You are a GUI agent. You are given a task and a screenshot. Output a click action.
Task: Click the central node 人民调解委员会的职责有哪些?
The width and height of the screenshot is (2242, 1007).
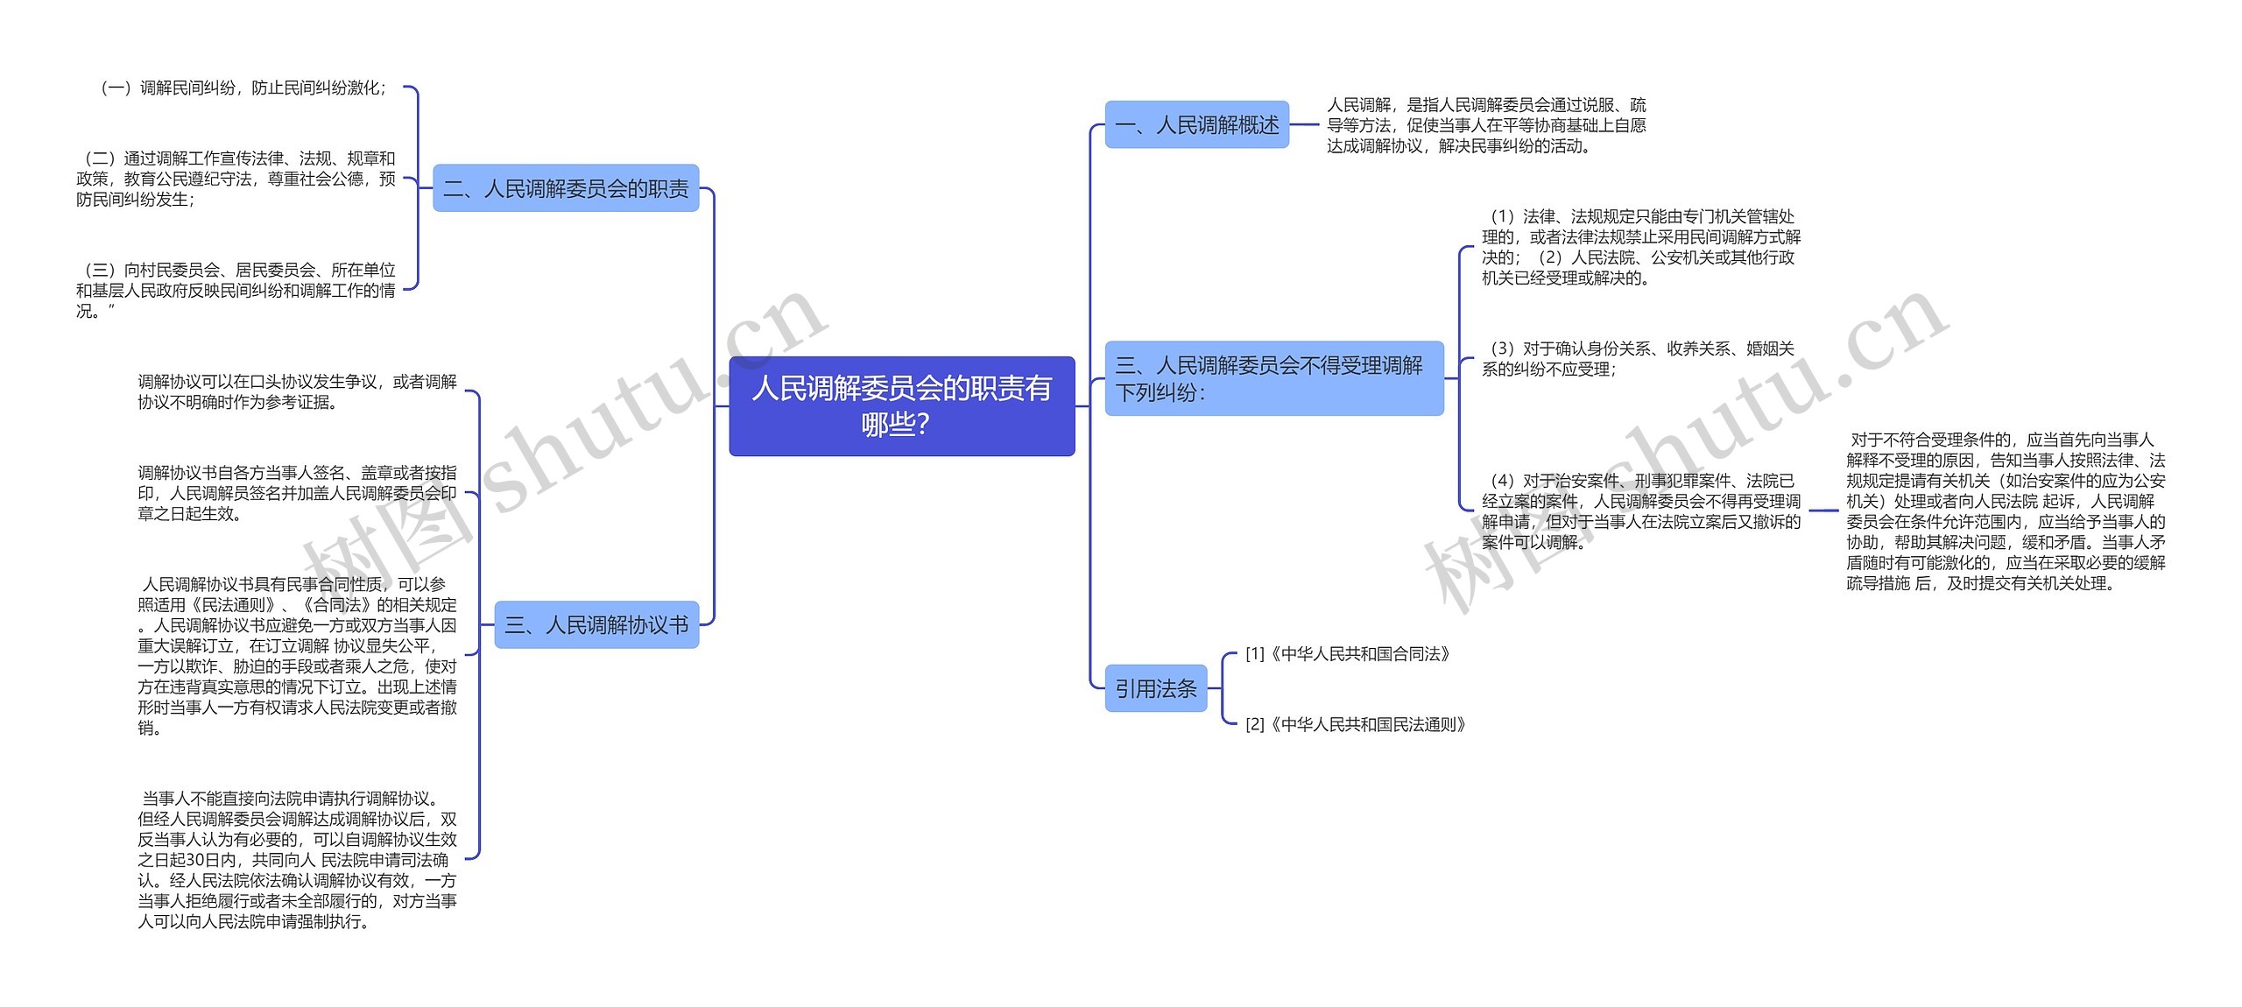[901, 405]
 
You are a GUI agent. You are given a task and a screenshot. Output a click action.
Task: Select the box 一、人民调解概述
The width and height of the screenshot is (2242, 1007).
[1196, 125]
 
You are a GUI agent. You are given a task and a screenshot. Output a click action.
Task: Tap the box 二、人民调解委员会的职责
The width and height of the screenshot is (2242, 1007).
[566, 188]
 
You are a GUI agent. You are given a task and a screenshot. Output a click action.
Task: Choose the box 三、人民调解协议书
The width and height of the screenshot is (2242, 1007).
[596, 624]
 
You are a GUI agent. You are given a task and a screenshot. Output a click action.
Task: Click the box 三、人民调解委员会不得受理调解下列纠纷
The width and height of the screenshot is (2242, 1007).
[1273, 378]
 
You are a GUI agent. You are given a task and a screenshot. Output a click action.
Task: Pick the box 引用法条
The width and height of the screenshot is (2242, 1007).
[1155, 688]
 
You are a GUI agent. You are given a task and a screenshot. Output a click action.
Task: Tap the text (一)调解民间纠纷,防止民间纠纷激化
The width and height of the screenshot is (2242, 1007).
[243, 88]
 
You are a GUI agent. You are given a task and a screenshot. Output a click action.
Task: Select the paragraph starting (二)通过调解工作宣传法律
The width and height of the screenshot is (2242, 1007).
[236, 179]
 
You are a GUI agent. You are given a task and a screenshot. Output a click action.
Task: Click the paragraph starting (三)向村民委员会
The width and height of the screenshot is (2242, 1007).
[236, 290]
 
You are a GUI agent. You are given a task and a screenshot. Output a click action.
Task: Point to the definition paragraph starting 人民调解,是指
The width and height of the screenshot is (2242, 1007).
[1486, 125]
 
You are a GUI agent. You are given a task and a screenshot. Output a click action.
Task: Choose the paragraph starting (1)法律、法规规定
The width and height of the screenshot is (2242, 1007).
[1640, 247]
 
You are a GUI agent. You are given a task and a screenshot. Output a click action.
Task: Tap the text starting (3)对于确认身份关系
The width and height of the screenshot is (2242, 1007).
[1638, 359]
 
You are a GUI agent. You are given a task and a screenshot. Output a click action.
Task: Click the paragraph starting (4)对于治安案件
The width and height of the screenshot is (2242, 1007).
[1640, 511]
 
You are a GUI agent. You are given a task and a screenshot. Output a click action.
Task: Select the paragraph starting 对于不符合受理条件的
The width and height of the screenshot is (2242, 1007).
[2006, 511]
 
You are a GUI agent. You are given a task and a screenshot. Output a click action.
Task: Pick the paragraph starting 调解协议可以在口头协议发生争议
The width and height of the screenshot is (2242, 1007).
[297, 391]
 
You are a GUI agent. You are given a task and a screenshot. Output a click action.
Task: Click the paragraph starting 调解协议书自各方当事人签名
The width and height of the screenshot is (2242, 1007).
[297, 493]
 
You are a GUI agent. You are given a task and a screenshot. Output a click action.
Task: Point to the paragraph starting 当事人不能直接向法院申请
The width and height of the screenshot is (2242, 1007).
[297, 859]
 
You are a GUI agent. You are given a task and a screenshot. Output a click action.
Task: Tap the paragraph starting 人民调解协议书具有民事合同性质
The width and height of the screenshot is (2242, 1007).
[297, 655]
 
